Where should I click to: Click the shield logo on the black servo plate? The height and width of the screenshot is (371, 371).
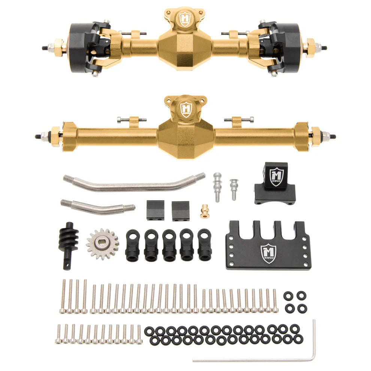point(268,253)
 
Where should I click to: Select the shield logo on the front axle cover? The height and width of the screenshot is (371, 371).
point(185,19)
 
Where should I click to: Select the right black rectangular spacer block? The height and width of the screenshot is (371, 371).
point(180,210)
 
